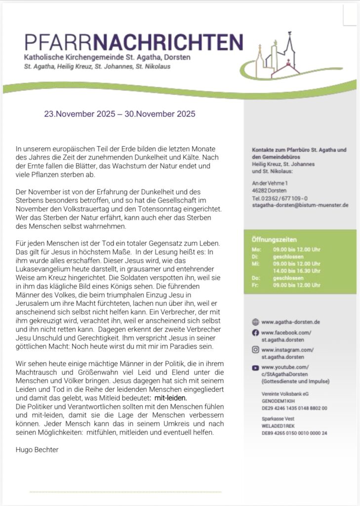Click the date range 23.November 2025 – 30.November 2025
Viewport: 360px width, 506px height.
120,114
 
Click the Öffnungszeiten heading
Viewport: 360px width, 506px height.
272,240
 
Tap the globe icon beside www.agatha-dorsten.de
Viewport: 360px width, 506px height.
255,322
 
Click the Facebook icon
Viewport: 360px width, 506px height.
255,333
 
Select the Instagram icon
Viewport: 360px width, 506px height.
255,350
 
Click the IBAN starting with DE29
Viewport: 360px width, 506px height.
294,408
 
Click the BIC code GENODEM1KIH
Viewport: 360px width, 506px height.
280,401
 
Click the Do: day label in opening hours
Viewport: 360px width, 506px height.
256,278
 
